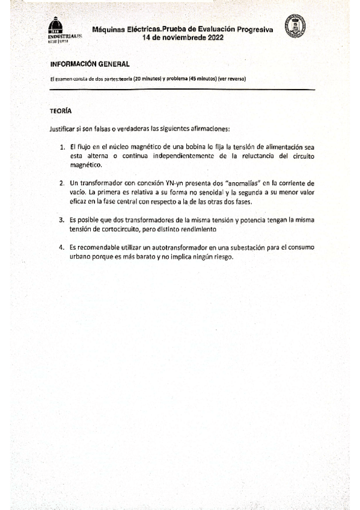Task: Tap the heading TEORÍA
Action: [61, 111]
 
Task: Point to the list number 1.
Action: [62, 147]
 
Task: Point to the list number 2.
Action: [62, 182]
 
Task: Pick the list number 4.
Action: [62, 247]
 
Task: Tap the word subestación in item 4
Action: [231, 247]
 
